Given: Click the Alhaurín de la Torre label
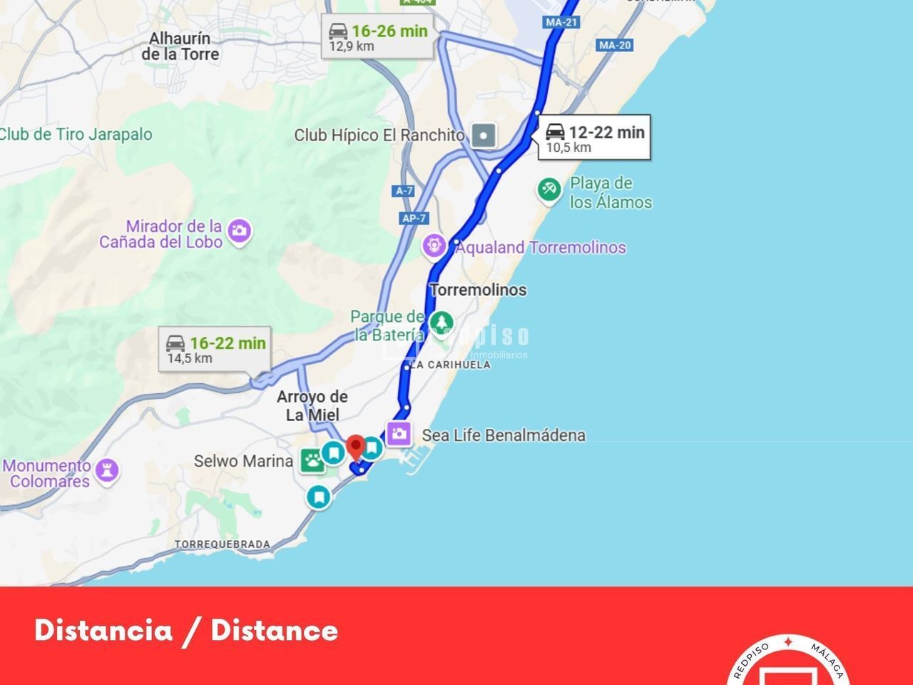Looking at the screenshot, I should point(180,46).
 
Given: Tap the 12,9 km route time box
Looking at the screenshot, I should point(377,37).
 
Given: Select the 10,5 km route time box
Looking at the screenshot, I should point(594,138).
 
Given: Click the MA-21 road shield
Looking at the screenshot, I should point(561,22).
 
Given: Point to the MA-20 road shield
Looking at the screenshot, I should point(614,45).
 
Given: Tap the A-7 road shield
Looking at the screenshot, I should point(404,191).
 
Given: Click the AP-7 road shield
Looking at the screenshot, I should point(414,218).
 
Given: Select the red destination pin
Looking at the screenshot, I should point(355,449).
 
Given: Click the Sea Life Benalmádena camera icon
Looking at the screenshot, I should point(399,432).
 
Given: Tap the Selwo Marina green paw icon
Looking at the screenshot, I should point(312,461).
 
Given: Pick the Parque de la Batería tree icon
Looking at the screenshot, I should point(442,322).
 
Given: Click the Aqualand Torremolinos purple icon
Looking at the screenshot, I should point(434,246).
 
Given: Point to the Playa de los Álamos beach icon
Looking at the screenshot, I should point(549,190).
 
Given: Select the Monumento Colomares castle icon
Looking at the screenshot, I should point(107,471).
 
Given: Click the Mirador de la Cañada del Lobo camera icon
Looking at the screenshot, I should point(240,230).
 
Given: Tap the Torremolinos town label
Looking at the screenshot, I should point(478,290).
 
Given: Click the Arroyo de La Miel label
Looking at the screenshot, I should point(312,405).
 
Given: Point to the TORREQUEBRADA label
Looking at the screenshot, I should point(223,544).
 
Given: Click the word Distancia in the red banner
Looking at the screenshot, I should point(104,630).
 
